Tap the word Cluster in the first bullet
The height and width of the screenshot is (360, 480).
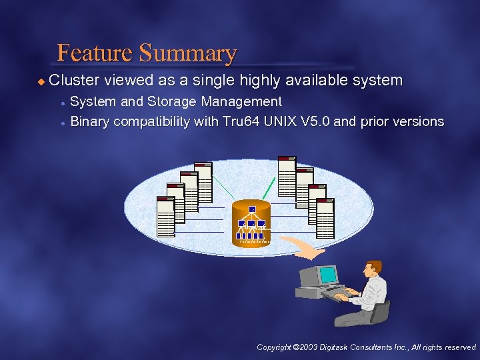pos(74,81)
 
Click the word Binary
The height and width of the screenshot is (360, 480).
pos(90,121)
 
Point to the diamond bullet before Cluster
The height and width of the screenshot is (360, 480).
pos(41,81)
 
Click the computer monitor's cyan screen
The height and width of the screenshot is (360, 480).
pos(329,275)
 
